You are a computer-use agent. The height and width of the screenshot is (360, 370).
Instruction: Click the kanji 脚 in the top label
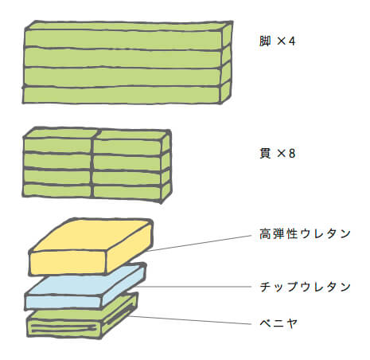coord(265,41)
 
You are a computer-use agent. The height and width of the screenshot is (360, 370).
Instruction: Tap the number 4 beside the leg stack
coord(292,41)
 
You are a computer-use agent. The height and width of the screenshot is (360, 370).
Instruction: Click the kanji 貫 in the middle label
coord(265,154)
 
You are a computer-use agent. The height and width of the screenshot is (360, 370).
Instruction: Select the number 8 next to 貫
coord(292,154)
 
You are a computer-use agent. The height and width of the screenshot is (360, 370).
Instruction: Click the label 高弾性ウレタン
coord(305,234)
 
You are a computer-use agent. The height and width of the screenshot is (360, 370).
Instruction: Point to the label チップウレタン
coord(305,287)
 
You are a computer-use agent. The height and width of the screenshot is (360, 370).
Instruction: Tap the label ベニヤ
coord(278,323)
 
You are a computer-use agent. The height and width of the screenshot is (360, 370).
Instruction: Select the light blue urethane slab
coord(85,287)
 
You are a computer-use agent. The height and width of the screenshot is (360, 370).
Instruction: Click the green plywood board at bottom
coord(82,316)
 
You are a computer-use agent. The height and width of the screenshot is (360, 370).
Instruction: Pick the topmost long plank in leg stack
coord(123,39)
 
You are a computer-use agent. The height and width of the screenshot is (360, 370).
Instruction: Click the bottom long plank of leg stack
coord(122,95)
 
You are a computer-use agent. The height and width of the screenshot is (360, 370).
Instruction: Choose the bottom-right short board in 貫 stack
coord(127,192)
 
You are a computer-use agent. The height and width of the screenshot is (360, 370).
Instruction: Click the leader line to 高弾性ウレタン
coord(200,243)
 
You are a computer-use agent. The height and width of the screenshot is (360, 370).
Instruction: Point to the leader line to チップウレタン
coord(193,287)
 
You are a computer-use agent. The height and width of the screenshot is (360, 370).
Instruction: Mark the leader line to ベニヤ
coord(190,320)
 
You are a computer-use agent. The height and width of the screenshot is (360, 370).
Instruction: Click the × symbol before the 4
coord(281,41)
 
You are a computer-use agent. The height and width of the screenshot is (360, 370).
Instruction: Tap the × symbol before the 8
coord(281,154)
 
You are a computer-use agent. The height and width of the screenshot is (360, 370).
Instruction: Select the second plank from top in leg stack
coord(123,58)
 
